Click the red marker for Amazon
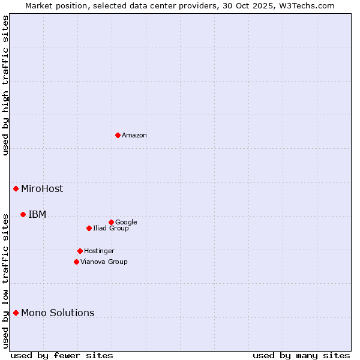pyautogui.click(x=118, y=135)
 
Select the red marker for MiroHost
pyautogui.click(x=16, y=188)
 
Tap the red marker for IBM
pyautogui.click(x=23, y=214)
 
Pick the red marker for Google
pyautogui.click(x=111, y=222)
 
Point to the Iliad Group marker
pyautogui.click(x=89, y=228)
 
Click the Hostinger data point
pyautogui.click(x=80, y=251)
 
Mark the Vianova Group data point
pyautogui.click(x=76, y=262)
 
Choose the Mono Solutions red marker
pyautogui.click(x=16, y=313)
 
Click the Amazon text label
pyautogui.click(x=134, y=136)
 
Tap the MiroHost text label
pyautogui.click(x=42, y=189)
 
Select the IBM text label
pyautogui.click(x=37, y=215)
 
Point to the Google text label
pyautogui.click(x=126, y=223)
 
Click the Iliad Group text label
pyautogui.click(x=111, y=229)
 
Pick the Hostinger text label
pyautogui.click(x=99, y=251)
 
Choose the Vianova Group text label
pyautogui.click(x=104, y=262)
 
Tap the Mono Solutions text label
pyautogui.click(x=58, y=313)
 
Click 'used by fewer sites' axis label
pyautogui.click(x=62, y=356)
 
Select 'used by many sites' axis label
pyautogui.click(x=301, y=356)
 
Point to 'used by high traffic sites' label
pyautogui.click(x=6, y=85)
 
